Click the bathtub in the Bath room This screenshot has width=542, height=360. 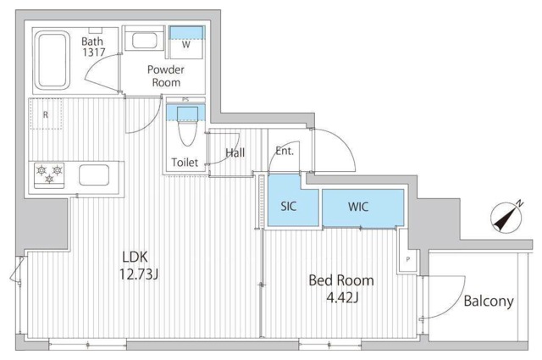(53, 60)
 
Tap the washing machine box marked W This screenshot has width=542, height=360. (186, 42)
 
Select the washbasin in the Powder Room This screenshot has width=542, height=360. (145, 41)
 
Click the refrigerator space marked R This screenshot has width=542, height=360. (46, 114)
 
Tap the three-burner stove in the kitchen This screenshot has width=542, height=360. (49, 175)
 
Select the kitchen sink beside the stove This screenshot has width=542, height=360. (94, 175)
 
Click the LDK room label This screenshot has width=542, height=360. (135, 257)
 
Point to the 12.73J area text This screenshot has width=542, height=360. (139, 274)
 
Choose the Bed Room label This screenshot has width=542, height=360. (341, 280)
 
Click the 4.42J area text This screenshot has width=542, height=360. (342, 296)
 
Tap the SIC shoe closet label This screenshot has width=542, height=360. (288, 207)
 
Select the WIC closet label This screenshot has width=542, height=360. (358, 207)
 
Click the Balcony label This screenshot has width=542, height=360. (489, 301)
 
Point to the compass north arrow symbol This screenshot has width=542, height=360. (506, 217)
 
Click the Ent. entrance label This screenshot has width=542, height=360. (285, 151)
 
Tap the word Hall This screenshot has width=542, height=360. (235, 152)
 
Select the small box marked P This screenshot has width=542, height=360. (408, 259)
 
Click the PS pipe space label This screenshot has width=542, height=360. (185, 100)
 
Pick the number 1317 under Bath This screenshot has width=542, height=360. (94, 53)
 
